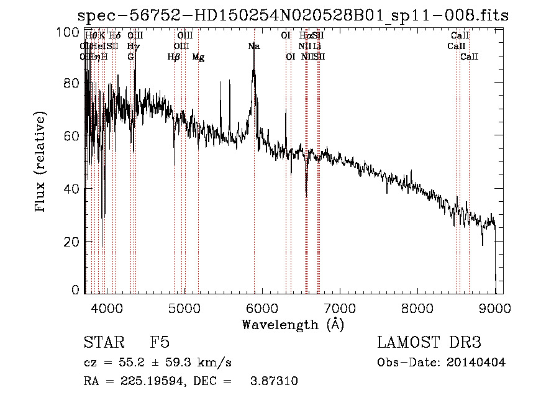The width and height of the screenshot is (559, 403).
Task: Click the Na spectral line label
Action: [x=254, y=46]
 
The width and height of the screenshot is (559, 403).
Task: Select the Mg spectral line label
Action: [x=198, y=57]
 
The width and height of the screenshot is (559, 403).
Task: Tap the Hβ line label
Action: [x=174, y=57]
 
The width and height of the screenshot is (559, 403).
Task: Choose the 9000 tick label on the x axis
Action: [x=494, y=307]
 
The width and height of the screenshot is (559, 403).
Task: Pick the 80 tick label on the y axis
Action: [x=74, y=83]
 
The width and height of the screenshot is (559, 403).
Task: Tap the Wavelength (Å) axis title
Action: [x=293, y=324]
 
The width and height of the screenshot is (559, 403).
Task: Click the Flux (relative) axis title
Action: [x=42, y=161]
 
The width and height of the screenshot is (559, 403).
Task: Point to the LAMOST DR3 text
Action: [x=429, y=343]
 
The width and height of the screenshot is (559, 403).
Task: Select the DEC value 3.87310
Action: [x=273, y=381]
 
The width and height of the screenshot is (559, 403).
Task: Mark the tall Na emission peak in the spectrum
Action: [x=253, y=70]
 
